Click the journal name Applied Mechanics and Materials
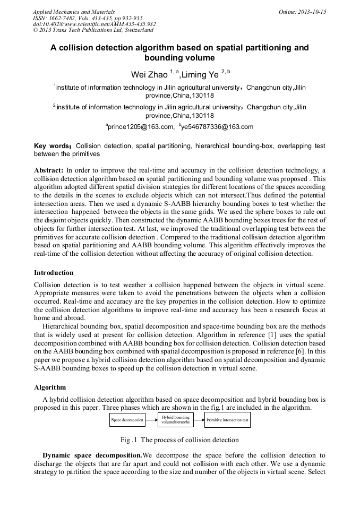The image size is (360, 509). (x=74, y=11)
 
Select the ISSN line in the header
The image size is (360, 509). (x=87, y=18)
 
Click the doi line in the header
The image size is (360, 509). (x=94, y=24)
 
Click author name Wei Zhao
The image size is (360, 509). (x=149, y=75)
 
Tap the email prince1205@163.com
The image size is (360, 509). (x=141, y=126)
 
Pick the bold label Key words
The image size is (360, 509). (x=53, y=145)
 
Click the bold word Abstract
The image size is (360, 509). (x=49, y=170)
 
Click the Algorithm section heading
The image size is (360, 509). (x=50, y=387)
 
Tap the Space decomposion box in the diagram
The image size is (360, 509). (x=127, y=420)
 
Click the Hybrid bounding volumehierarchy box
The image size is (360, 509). (x=176, y=420)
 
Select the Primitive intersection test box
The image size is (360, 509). (x=227, y=420)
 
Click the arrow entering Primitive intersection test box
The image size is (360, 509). (x=199, y=420)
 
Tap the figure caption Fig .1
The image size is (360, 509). (x=179, y=439)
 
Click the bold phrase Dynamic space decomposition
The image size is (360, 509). (x=91, y=455)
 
